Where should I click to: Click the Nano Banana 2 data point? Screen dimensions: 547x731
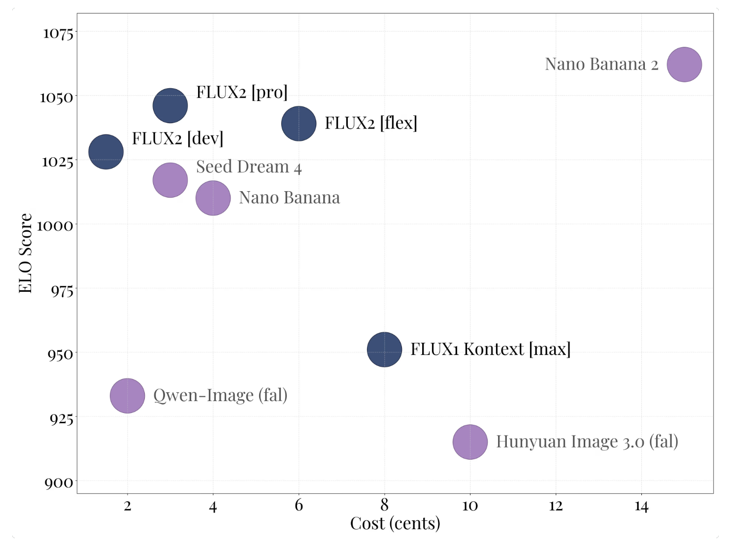(684, 65)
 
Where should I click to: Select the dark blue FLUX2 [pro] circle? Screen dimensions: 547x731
(170, 105)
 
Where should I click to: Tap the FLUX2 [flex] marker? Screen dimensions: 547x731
(299, 123)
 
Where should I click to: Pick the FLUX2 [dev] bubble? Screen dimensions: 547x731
(106, 152)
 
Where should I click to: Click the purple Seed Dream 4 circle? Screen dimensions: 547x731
(170, 180)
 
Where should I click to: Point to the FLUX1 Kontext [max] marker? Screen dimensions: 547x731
(384, 349)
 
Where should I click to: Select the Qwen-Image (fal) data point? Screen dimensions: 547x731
(127, 395)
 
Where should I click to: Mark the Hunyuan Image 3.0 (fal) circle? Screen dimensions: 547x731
(470, 442)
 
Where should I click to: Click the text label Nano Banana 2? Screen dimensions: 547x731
(601, 65)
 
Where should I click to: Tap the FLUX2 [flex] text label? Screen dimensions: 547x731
(370, 123)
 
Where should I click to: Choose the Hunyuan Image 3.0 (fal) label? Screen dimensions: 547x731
(587, 442)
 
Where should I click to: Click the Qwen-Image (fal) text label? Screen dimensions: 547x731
(220, 395)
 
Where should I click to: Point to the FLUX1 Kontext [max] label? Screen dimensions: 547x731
(490, 349)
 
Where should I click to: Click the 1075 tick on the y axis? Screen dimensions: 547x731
(58, 34)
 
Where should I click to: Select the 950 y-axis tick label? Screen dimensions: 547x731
(60, 354)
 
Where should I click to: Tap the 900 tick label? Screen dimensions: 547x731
(59, 482)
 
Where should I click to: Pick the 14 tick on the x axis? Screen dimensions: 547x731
(641, 507)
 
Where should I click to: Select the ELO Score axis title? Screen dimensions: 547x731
(26, 253)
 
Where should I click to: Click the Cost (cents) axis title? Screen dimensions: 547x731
(395, 524)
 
